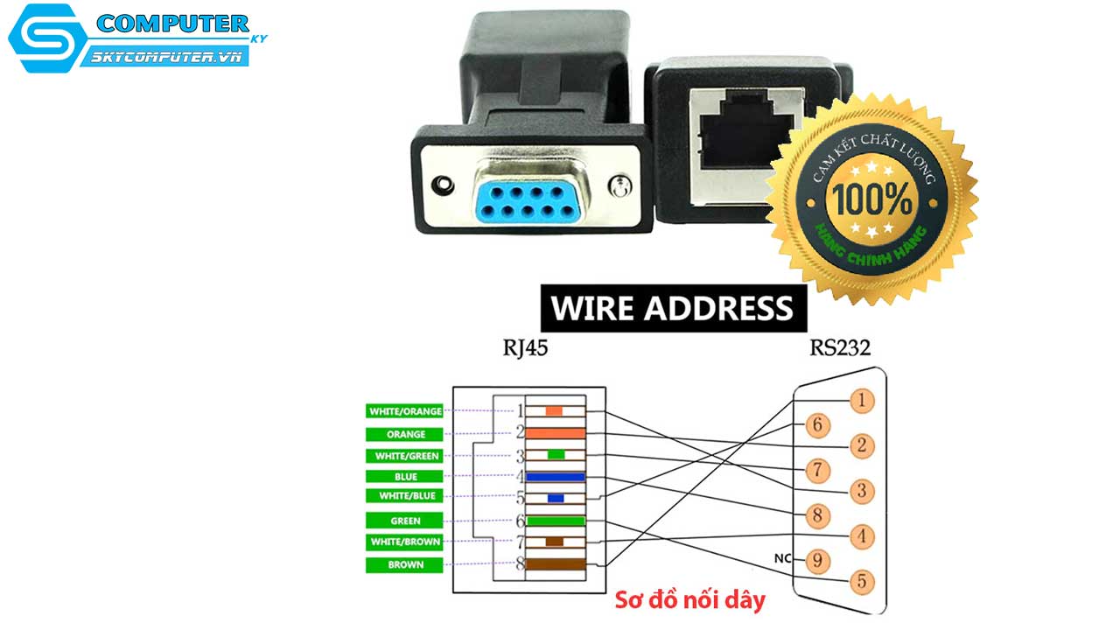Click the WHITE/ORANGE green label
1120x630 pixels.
tap(405, 411)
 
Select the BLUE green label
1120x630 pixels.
tap(405, 477)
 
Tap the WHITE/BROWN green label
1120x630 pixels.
tap(405, 542)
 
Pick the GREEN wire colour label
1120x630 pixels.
tap(405, 521)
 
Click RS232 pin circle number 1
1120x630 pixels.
tap(861, 401)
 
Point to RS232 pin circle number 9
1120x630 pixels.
tap(816, 559)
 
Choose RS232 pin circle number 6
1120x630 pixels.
tap(816, 426)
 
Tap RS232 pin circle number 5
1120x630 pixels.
tap(861, 580)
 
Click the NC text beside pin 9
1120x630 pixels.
tap(782, 558)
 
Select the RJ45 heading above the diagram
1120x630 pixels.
tap(526, 349)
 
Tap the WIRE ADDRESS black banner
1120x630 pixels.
tap(672, 308)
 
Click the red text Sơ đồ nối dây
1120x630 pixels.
tap(689, 600)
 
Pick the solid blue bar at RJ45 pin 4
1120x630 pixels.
tap(555, 477)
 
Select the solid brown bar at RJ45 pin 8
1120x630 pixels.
tap(555, 564)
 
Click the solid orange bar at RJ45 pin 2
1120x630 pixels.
tap(555, 432)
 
